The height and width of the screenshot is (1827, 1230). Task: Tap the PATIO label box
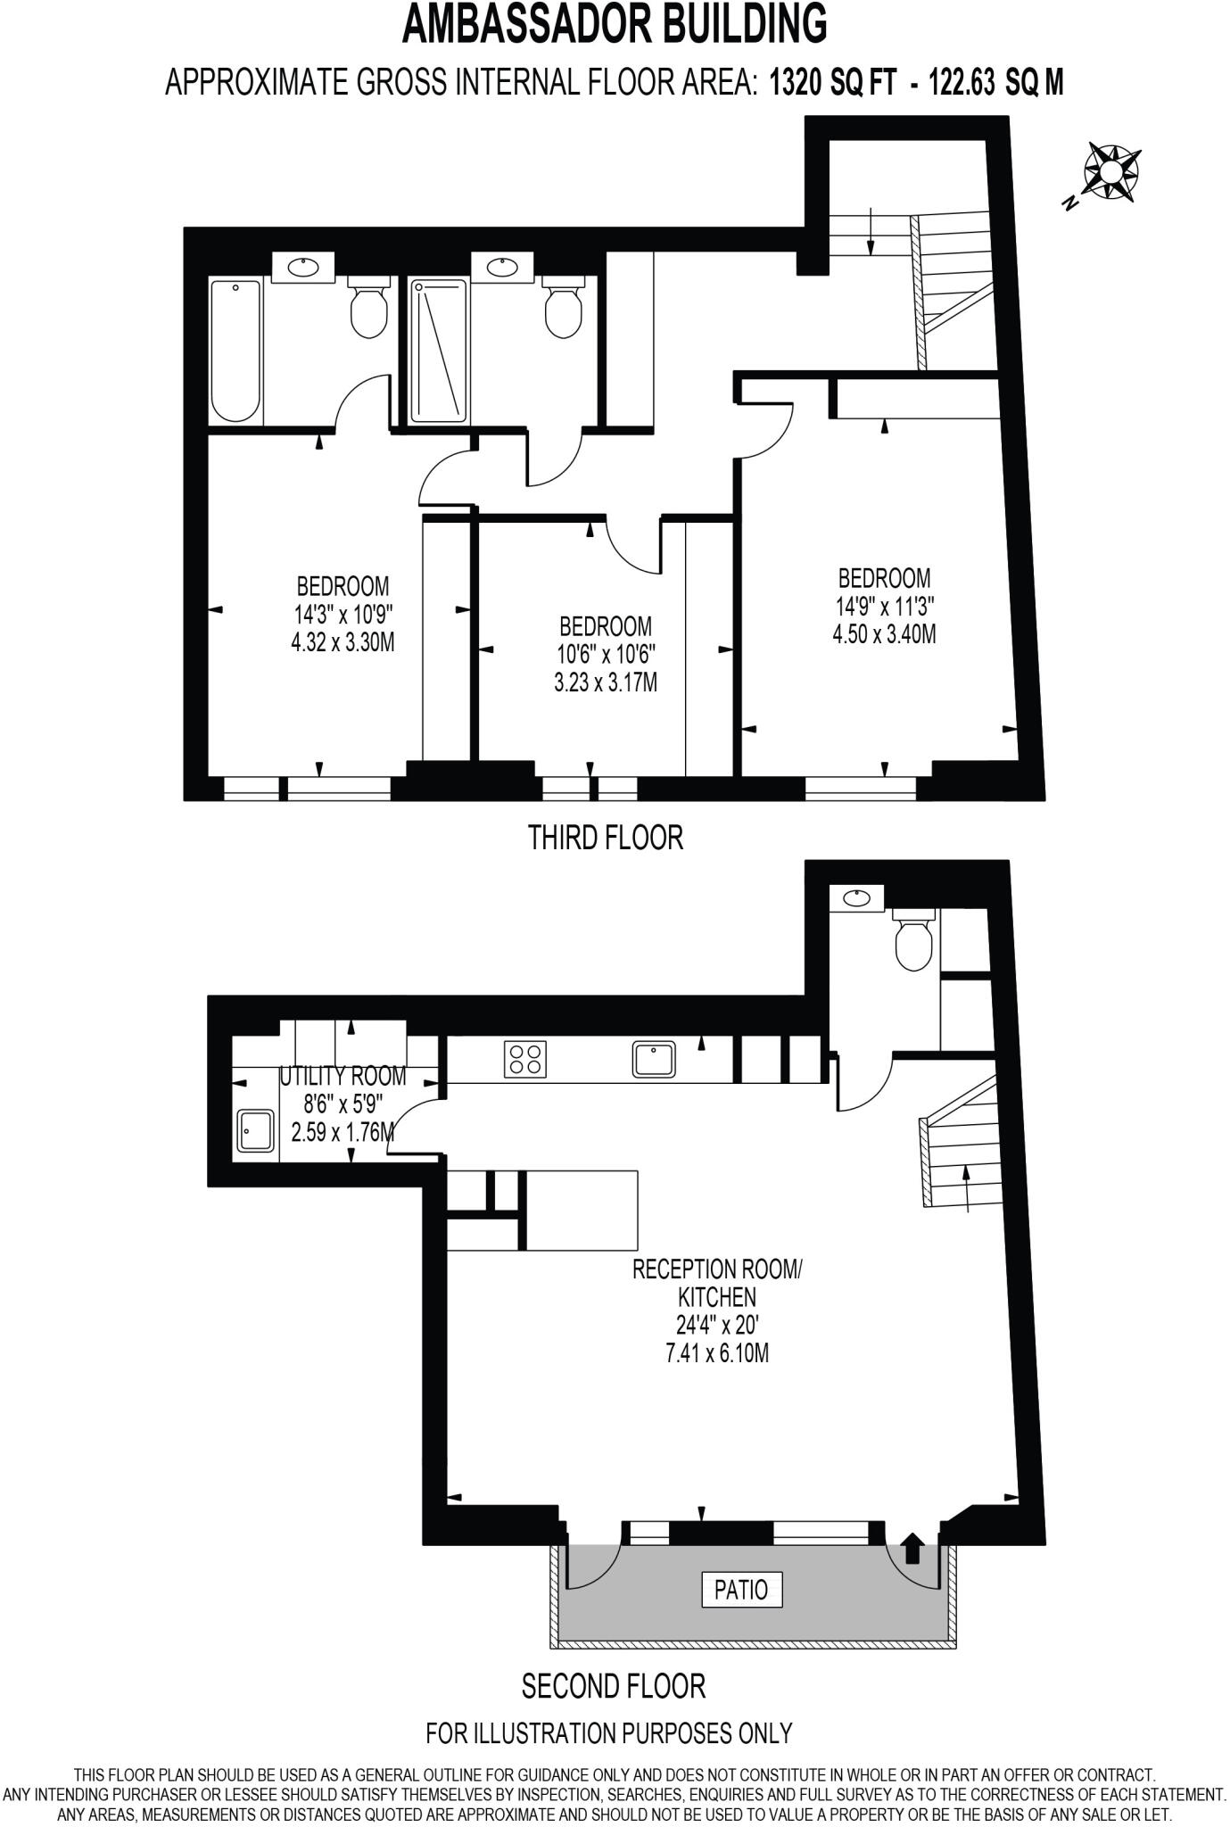[741, 1589]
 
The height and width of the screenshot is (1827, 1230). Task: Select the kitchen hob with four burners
[525, 1059]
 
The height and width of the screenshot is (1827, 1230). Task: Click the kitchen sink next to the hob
[655, 1059]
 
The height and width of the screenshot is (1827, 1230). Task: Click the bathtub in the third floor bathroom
[235, 351]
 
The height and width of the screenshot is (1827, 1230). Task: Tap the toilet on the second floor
[913, 940]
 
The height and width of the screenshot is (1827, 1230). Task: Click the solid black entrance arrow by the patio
[912, 1548]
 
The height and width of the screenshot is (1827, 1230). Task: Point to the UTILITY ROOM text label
[343, 1076]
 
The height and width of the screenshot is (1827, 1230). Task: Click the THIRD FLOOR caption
[606, 838]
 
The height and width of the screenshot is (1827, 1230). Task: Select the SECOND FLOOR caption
[614, 1685]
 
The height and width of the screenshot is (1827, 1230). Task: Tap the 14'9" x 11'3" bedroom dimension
[884, 607]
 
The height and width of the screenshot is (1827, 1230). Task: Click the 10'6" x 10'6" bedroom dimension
[606, 654]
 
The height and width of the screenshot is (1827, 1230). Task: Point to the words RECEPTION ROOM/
[717, 1269]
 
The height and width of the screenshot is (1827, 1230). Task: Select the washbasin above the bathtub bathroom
[301, 267]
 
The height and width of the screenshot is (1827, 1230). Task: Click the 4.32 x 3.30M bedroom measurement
[343, 642]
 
